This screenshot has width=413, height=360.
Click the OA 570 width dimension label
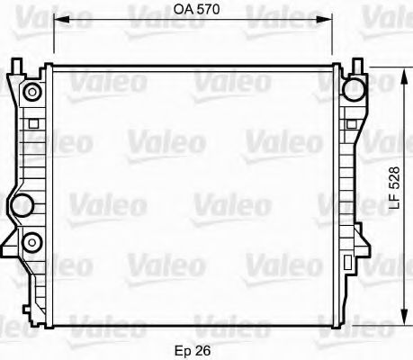194,12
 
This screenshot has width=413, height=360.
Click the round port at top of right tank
354,87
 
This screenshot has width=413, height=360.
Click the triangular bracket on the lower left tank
12,241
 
